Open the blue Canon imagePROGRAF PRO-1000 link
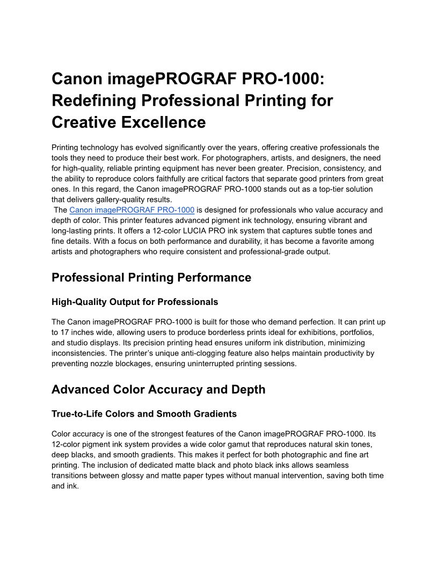pos(132,210)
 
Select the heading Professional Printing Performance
pos(151,277)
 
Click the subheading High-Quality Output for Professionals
pos(134,302)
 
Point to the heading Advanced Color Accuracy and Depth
pos(158,389)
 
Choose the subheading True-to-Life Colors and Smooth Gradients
pos(144,414)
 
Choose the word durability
pos(241,241)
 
